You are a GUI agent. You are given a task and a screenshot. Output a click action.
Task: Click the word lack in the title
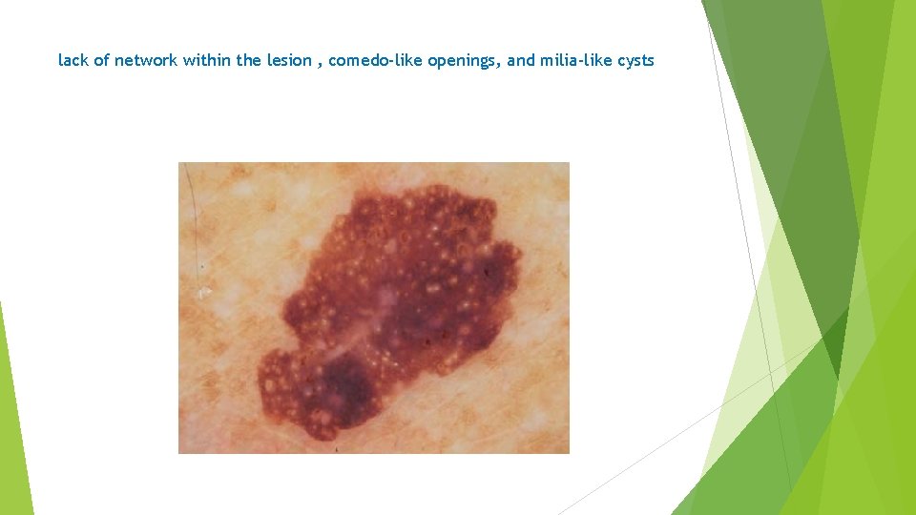73,61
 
